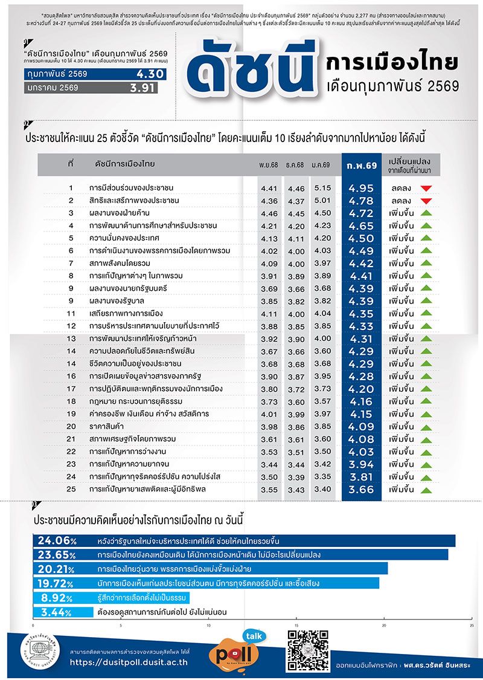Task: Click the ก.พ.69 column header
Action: point(362,164)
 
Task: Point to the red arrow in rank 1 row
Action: point(426,188)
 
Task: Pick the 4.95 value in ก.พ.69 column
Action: point(362,188)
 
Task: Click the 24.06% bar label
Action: point(57,540)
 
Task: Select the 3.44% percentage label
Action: point(57,612)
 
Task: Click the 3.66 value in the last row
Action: point(362,490)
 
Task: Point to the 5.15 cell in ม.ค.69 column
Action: point(323,188)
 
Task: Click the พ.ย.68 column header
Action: point(269,165)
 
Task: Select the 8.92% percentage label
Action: point(57,598)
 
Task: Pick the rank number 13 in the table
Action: point(71,338)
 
